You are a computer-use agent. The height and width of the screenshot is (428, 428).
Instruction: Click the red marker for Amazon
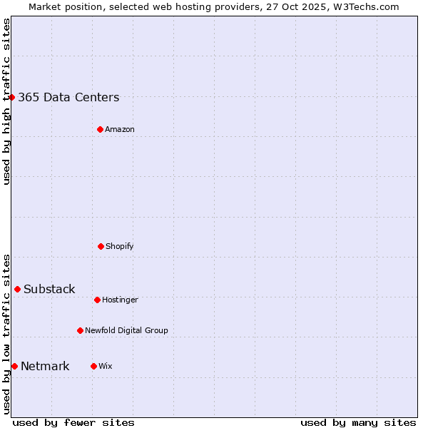(x=100, y=129)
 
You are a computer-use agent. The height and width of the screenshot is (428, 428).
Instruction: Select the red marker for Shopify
(x=101, y=246)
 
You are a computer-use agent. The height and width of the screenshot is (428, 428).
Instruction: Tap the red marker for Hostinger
(x=97, y=300)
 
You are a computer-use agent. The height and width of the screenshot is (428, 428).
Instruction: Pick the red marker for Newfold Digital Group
(x=80, y=330)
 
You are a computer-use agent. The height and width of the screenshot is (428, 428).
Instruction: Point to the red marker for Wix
(x=93, y=366)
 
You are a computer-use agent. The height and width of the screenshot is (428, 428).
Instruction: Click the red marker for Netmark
(x=14, y=366)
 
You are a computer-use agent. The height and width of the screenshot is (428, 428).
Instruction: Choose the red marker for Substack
(x=17, y=289)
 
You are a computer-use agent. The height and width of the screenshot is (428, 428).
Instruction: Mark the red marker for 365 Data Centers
(x=11, y=97)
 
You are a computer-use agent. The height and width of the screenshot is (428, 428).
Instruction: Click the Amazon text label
(x=120, y=129)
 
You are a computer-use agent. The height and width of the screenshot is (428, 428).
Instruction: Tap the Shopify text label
(x=120, y=246)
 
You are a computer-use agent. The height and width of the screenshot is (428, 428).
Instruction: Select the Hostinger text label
(x=120, y=300)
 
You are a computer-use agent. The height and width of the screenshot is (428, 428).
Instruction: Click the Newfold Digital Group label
(x=126, y=330)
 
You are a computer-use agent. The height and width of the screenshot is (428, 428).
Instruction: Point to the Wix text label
(x=106, y=366)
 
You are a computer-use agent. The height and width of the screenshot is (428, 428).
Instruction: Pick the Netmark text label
(x=45, y=366)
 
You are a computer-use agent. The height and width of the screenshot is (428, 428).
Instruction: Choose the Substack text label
(x=49, y=289)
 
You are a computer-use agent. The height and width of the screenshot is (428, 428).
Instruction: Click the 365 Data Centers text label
(x=68, y=97)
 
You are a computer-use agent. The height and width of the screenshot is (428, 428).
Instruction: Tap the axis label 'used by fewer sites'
(x=73, y=422)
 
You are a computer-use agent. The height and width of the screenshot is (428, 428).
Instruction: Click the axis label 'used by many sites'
(x=358, y=422)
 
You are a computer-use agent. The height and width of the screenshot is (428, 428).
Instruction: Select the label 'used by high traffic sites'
(x=6, y=101)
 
